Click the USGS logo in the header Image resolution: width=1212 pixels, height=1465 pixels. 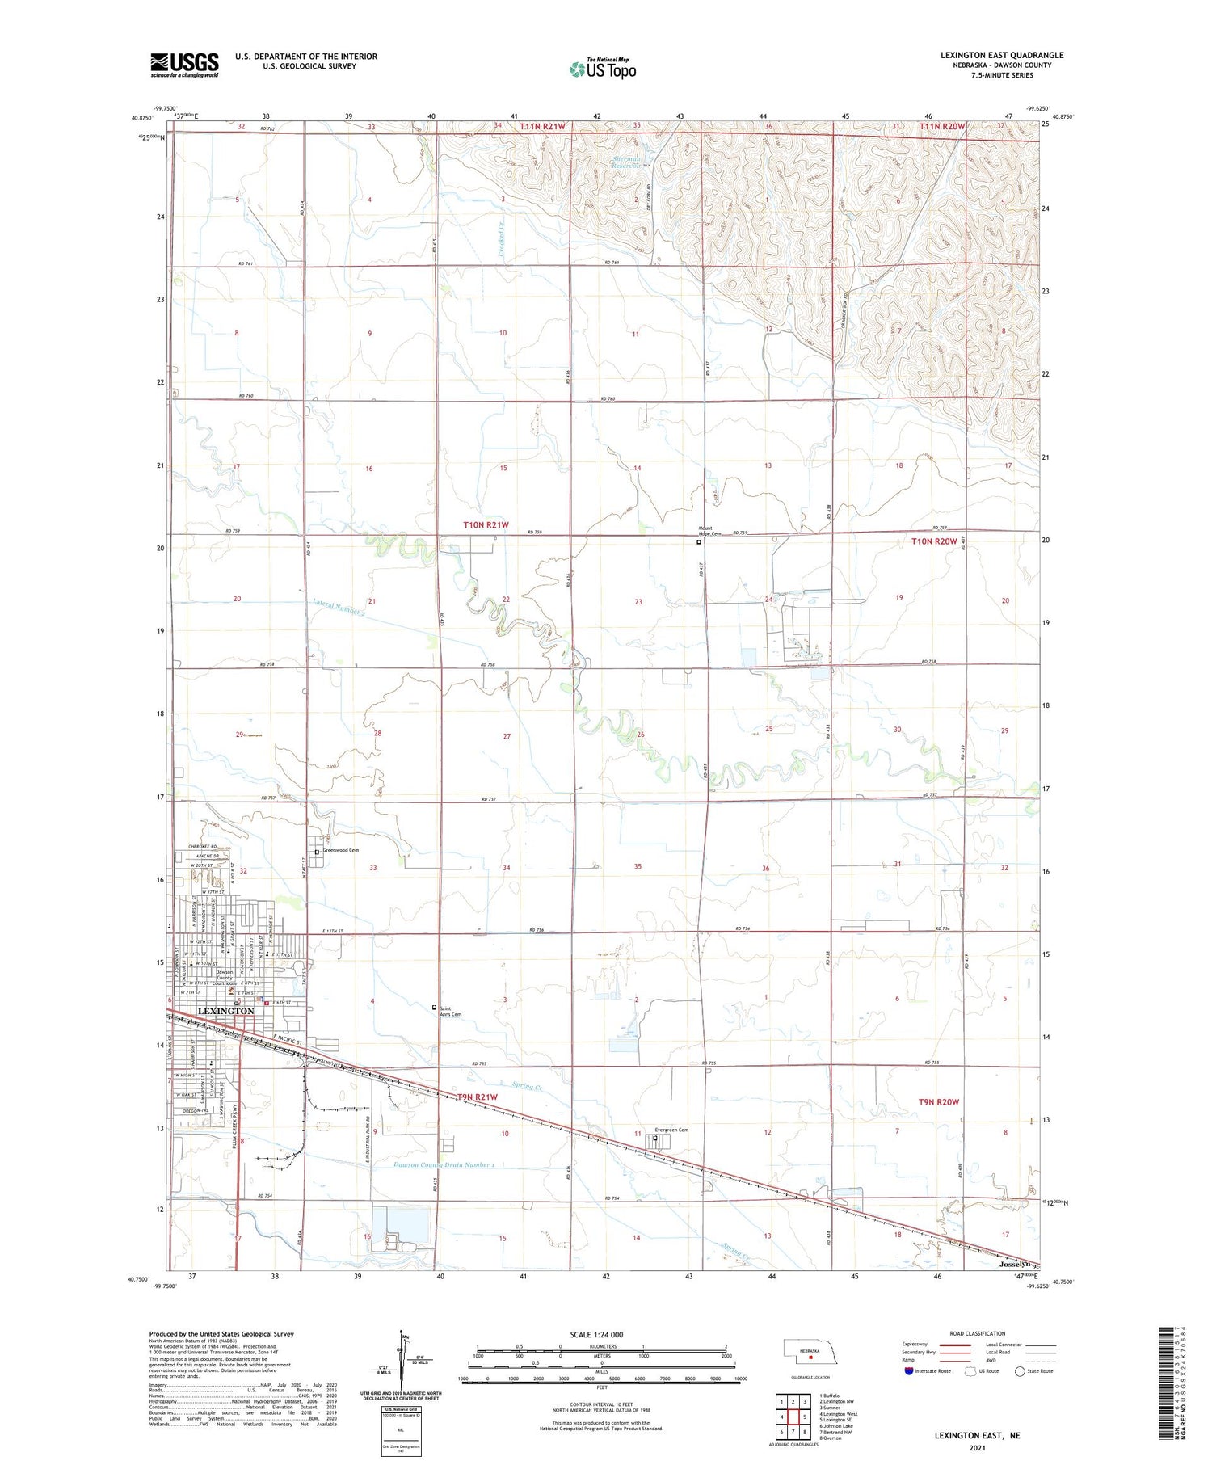coord(184,65)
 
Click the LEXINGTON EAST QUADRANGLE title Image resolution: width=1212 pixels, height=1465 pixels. coord(1001,56)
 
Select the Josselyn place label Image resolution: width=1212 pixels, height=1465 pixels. coord(1015,1264)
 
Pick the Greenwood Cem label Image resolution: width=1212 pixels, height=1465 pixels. coord(340,850)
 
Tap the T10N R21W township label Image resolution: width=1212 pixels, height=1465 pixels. coord(486,525)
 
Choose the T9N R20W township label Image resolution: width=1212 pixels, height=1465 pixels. coord(938,1102)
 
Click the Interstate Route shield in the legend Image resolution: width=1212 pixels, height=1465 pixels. coord(910,1371)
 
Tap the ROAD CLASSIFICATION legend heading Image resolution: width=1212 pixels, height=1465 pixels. coord(978,1333)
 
